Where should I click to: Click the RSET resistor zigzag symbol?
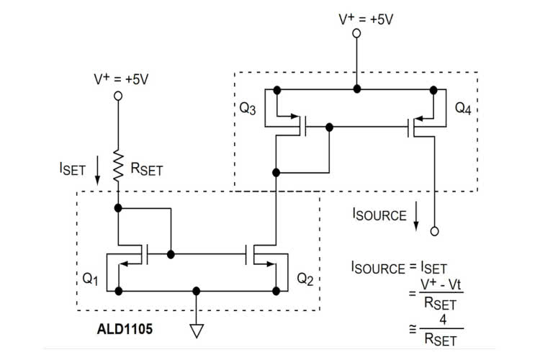coord(117,164)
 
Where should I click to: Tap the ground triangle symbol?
coord(196,331)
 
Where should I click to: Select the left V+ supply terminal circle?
coord(117,95)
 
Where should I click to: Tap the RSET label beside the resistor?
coord(147,171)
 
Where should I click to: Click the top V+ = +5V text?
coord(366,18)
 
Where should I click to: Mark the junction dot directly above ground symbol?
coord(196,291)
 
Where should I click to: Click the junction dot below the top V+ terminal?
coord(356,89)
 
